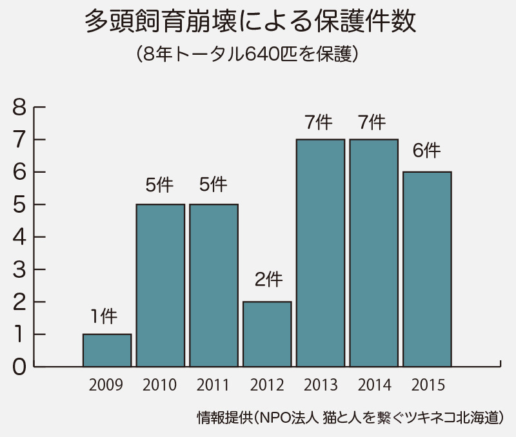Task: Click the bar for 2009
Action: point(107,350)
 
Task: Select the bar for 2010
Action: point(161,285)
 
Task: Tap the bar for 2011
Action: point(213,285)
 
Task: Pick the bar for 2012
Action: point(267,334)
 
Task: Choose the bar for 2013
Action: point(321,253)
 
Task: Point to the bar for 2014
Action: point(373,253)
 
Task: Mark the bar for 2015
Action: point(427,269)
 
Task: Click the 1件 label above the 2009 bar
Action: point(104,316)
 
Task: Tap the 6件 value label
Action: point(426,151)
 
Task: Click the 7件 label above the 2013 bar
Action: point(319,121)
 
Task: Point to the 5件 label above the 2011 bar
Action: point(213,185)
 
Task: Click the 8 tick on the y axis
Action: point(20,107)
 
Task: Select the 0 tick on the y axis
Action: point(20,367)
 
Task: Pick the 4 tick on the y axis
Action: point(20,237)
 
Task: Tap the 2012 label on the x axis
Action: point(267,385)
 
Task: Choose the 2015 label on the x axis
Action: point(428,385)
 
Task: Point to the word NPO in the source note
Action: point(273,417)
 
